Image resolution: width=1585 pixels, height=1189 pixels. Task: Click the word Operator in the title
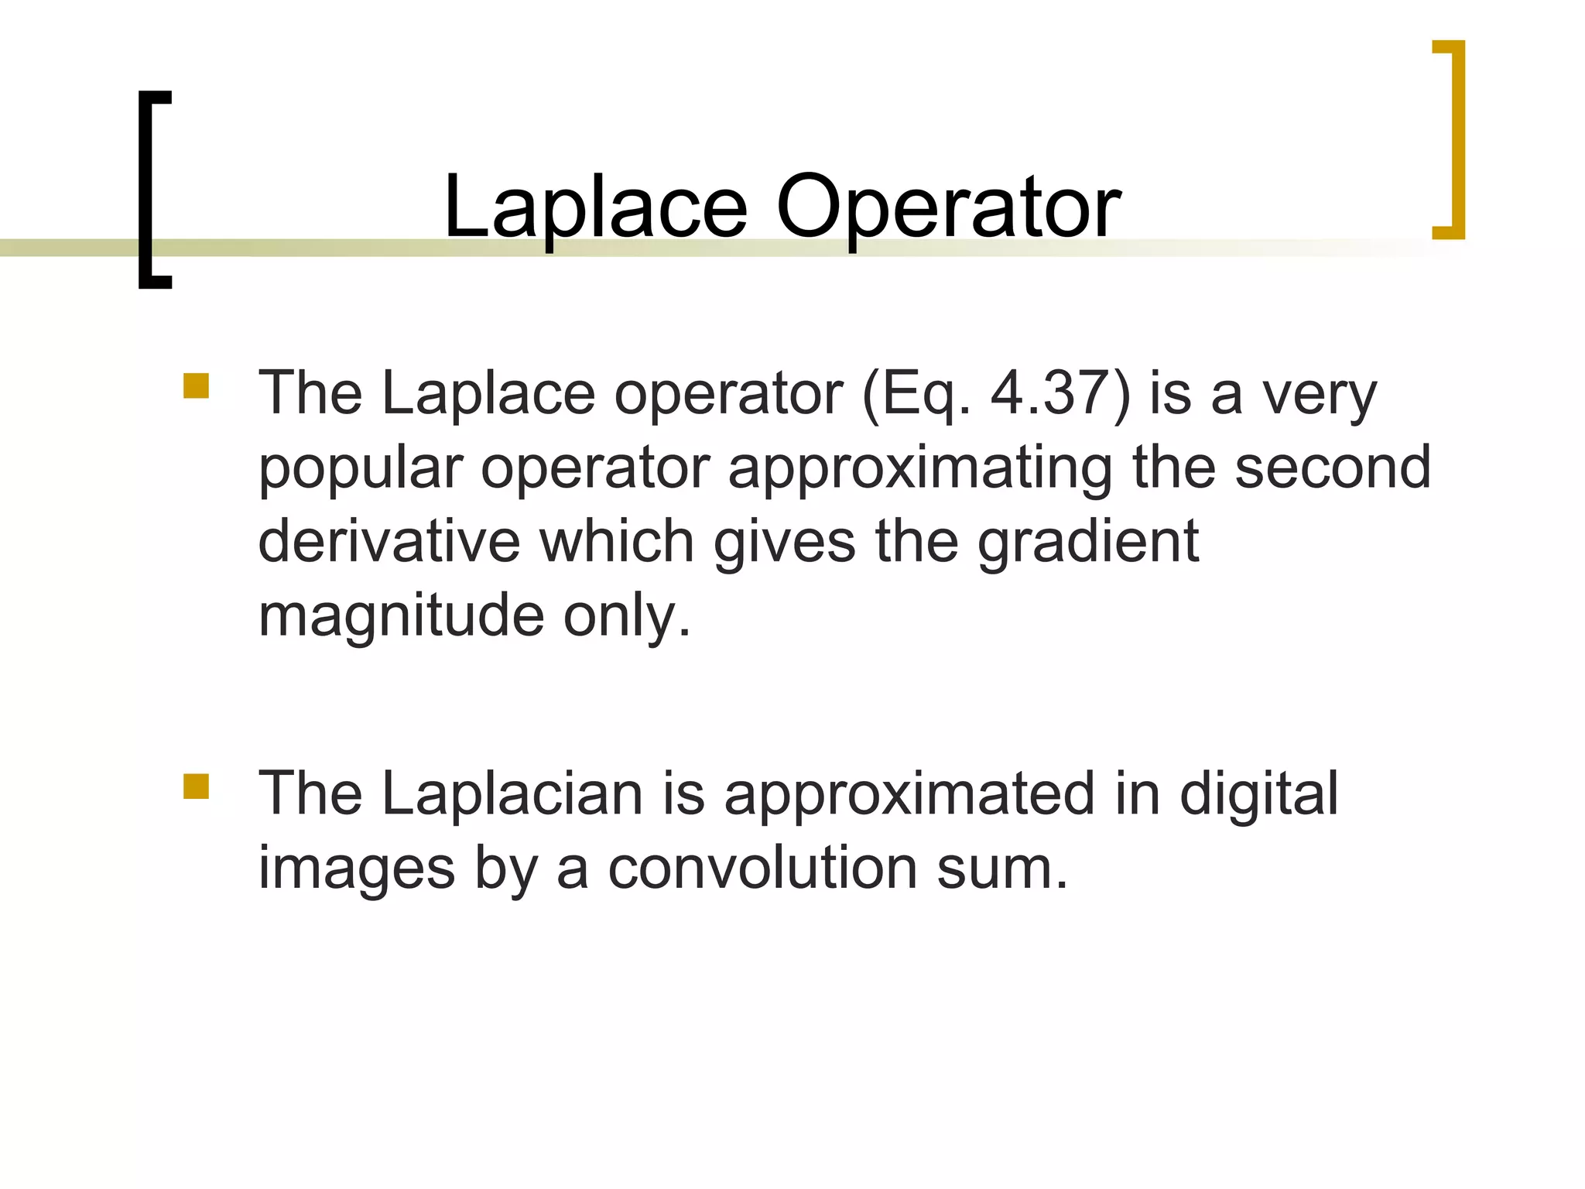tap(948, 207)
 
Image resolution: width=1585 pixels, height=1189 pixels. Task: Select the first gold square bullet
tap(197, 385)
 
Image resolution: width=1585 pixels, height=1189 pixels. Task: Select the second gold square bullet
tap(197, 786)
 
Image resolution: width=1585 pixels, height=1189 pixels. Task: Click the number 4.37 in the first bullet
tap(1060, 393)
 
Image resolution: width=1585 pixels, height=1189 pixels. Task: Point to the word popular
tap(360, 468)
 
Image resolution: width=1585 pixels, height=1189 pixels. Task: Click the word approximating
tap(920, 468)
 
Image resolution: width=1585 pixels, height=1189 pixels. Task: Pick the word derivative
tap(389, 542)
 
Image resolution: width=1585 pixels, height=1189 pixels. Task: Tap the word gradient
tap(1088, 542)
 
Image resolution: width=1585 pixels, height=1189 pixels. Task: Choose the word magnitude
tap(401, 616)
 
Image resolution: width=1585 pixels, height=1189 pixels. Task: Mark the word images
tap(357, 868)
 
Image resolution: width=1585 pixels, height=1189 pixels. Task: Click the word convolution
tap(762, 868)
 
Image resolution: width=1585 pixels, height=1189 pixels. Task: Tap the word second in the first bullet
tap(1332, 468)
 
